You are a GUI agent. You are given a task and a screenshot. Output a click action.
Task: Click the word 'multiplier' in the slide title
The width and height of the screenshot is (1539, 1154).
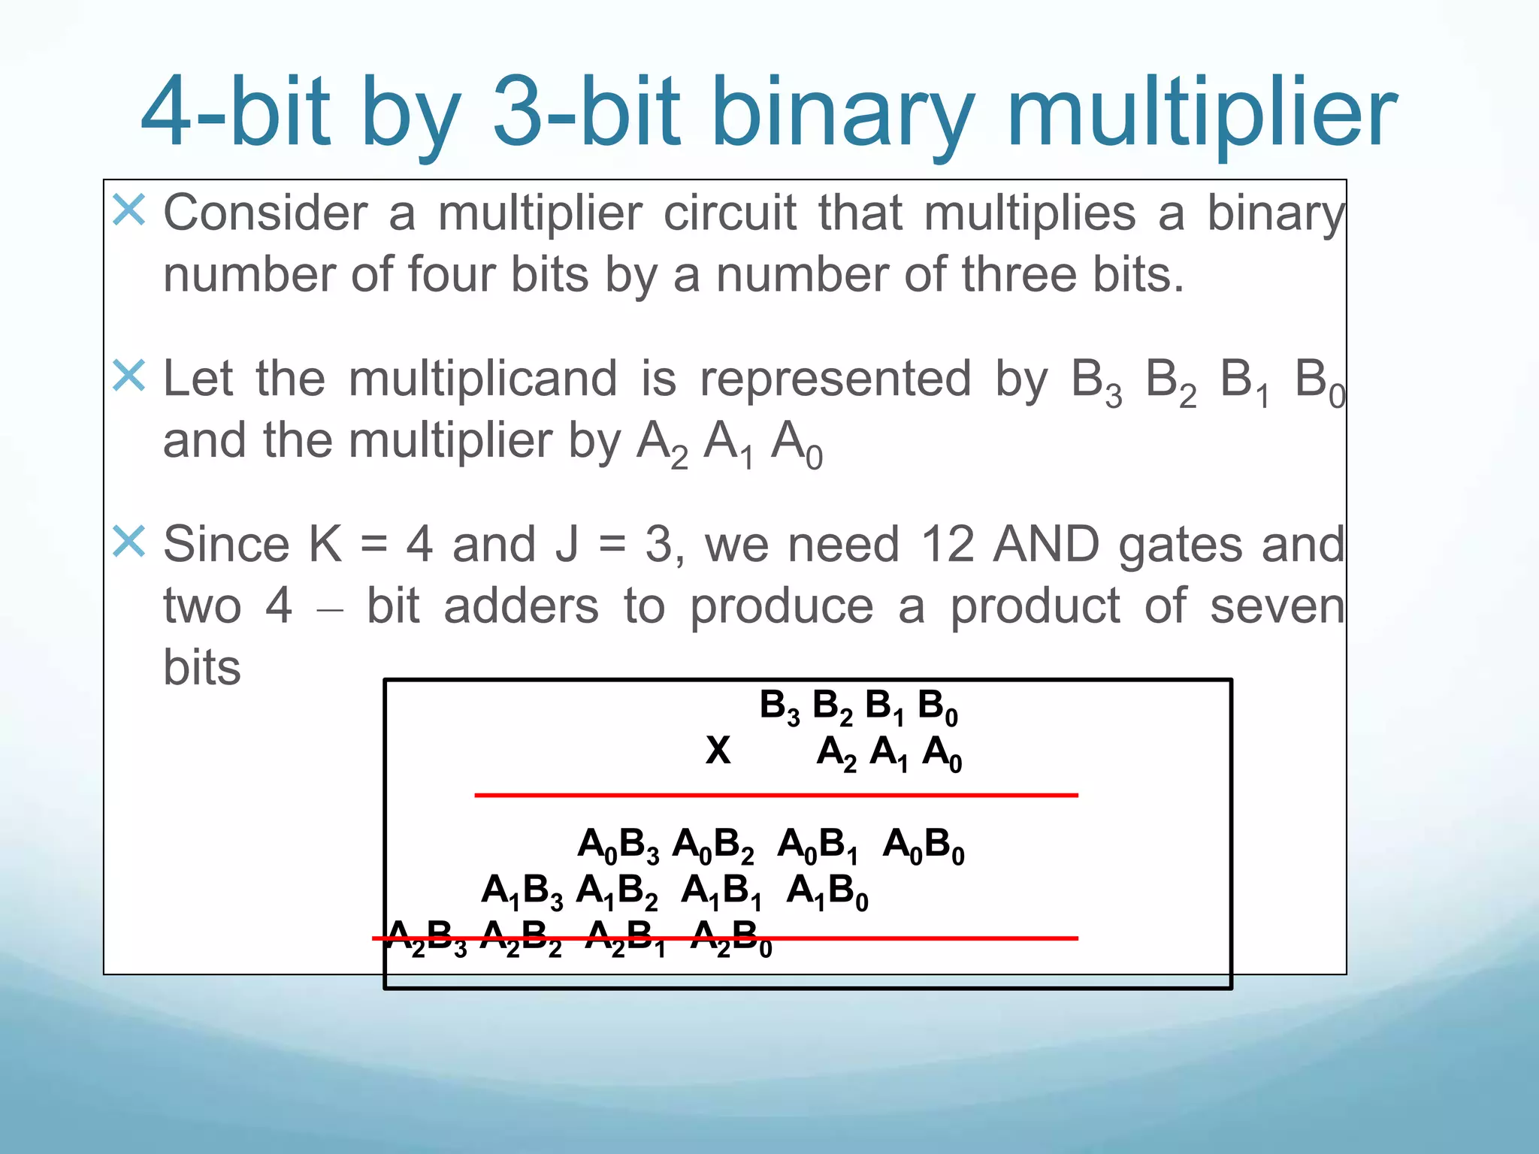point(1202,113)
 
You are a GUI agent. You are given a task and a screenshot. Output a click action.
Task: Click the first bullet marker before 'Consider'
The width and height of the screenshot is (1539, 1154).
point(129,210)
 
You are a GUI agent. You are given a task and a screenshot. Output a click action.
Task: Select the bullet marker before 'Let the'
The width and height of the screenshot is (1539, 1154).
point(129,375)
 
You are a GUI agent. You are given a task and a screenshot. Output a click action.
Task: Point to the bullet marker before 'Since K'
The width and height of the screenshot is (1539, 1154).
point(129,541)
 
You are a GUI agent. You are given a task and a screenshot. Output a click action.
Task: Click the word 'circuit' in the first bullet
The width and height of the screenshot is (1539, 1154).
point(730,213)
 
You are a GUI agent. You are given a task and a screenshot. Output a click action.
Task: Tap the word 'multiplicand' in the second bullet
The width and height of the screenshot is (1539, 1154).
point(482,379)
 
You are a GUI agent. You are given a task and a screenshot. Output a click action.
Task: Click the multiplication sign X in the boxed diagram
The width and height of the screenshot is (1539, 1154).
point(718,750)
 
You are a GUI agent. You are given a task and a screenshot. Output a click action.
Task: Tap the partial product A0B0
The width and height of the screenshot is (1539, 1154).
point(924,846)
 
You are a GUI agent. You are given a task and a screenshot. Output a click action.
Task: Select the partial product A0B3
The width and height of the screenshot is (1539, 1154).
point(618,846)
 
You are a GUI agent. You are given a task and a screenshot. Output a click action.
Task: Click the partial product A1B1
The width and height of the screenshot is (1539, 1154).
point(721,893)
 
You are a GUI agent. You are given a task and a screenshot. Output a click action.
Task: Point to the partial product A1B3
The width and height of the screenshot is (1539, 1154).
point(522,893)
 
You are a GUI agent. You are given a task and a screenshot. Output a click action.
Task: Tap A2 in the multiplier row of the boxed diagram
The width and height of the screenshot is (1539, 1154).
point(836,752)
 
